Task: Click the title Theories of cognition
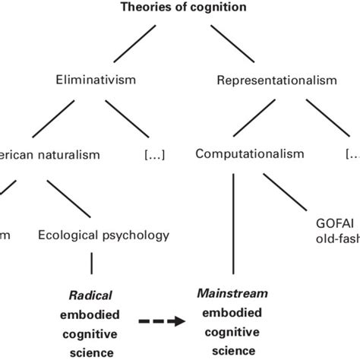tap(180, 8)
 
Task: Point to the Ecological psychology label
tap(104, 235)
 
